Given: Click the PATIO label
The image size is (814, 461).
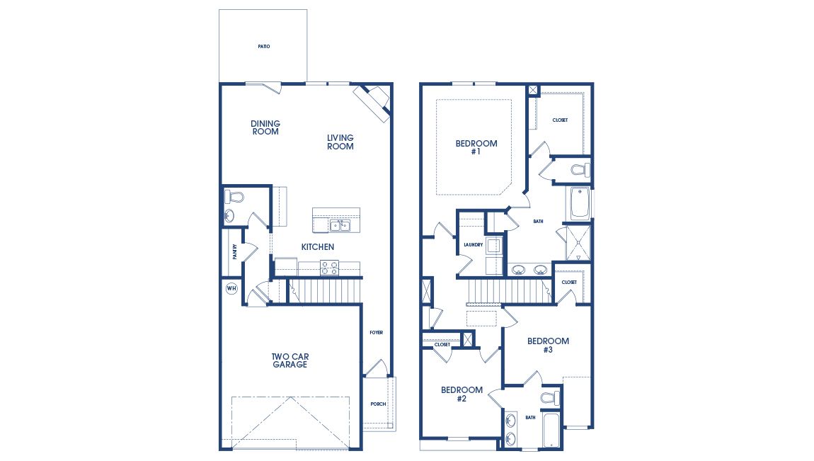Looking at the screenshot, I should [x=263, y=47].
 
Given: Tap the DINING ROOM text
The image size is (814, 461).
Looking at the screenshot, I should [x=265, y=127].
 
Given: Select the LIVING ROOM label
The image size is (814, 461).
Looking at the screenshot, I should [x=340, y=142].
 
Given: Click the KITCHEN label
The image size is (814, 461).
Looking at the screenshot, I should [x=318, y=247].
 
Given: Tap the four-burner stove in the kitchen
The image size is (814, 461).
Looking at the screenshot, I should [x=330, y=268].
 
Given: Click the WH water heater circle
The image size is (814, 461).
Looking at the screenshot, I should [x=231, y=288].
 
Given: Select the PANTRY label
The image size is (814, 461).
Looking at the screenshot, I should [x=234, y=252].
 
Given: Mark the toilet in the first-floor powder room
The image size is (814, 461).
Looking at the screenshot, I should [x=234, y=196].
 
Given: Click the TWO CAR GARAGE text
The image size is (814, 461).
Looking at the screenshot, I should [x=290, y=360].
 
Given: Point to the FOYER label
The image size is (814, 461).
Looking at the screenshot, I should [x=377, y=332].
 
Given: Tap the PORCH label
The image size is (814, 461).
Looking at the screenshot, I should [x=378, y=404].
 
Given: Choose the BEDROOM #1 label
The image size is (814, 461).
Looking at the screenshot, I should [x=476, y=147].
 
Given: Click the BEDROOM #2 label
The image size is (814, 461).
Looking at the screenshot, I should [x=462, y=394].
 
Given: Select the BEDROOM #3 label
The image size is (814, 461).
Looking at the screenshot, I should [x=548, y=345].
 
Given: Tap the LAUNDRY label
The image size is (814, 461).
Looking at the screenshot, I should [x=473, y=245].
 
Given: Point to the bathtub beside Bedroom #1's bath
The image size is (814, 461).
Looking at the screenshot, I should [x=580, y=203].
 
